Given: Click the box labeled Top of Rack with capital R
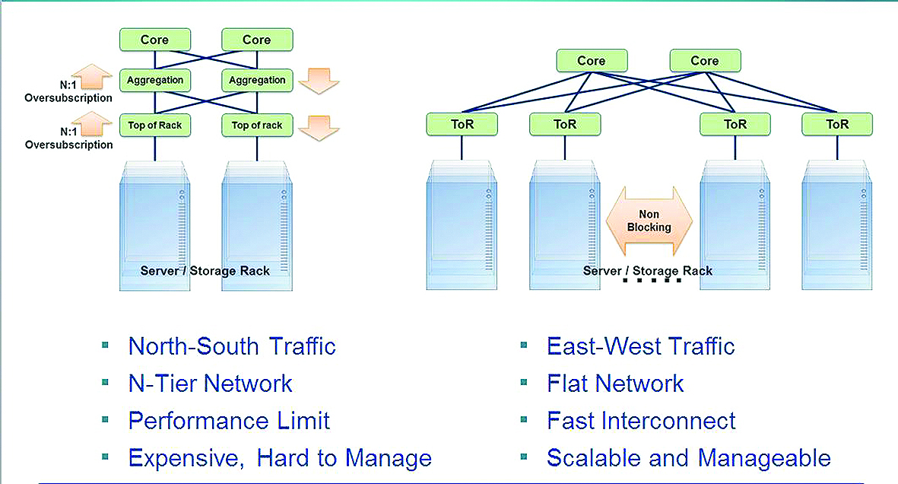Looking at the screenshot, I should click(154, 125).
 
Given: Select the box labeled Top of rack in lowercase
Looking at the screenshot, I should click(257, 125).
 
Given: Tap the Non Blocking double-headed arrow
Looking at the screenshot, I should click(649, 221).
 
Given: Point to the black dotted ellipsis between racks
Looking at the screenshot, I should click(652, 280).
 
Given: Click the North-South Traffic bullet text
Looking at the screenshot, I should click(232, 346).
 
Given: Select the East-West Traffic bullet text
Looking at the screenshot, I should click(640, 346).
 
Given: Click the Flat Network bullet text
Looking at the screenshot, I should click(615, 384).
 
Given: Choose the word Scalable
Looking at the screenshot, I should click(594, 458).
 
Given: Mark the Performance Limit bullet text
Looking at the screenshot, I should click(229, 421).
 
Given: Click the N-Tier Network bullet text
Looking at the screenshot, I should click(210, 384).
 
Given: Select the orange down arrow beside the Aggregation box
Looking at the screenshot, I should click(318, 81).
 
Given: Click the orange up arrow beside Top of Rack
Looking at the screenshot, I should click(96, 122).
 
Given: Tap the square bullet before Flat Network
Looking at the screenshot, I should click(524, 383).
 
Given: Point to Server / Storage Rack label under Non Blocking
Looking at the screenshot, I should click(648, 270).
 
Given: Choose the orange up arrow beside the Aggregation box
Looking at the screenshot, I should click(96, 76).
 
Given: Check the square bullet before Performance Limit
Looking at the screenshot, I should click(105, 420).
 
